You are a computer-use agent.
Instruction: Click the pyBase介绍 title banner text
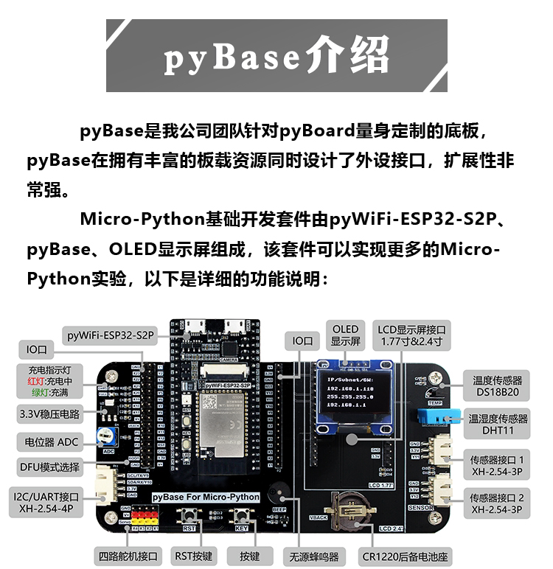276,55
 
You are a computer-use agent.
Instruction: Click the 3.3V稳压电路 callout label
50,414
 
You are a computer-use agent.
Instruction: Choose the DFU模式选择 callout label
50,467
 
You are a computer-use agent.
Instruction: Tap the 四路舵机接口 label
128,555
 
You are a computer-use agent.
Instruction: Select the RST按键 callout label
193,555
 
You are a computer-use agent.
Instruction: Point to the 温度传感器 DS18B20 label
498,386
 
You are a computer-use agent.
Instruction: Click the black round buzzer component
279,495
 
